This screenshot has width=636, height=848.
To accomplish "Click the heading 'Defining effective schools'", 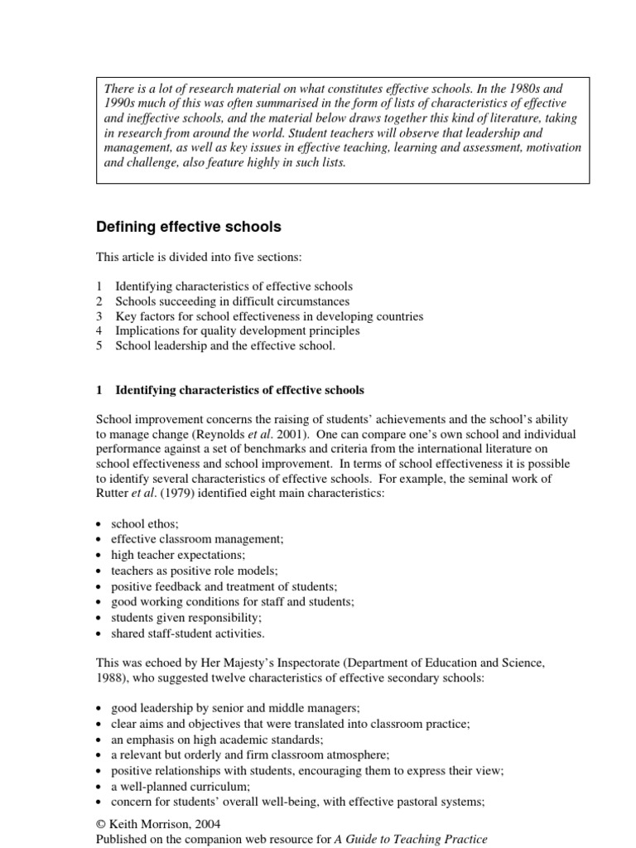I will (x=189, y=227).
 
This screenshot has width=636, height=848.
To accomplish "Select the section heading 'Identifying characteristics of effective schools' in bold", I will (x=239, y=390).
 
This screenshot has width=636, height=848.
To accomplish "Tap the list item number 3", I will (x=99, y=316).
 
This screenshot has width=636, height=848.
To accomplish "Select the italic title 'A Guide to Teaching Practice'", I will (x=411, y=839).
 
